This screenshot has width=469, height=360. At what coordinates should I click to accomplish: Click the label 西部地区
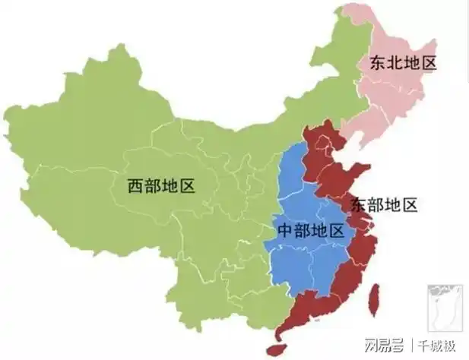(161, 185)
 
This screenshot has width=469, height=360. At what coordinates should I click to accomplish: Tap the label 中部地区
(309, 231)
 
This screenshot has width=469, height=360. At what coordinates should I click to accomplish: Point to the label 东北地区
(403, 63)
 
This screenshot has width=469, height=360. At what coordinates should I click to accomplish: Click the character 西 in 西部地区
(135, 185)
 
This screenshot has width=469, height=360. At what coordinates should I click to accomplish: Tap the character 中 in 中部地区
(284, 231)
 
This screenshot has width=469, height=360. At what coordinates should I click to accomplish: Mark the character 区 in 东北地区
(429, 63)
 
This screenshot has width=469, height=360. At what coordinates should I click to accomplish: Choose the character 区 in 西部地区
(187, 185)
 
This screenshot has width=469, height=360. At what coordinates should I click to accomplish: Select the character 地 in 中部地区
(318, 231)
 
